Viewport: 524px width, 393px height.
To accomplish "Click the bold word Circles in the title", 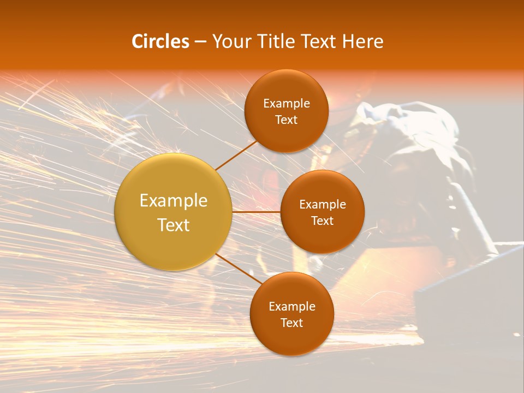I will click(160, 41).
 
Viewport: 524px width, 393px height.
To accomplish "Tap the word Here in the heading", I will click(363, 41).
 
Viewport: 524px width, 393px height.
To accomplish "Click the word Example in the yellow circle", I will click(174, 201).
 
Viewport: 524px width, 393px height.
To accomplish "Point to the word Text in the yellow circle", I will click(174, 225).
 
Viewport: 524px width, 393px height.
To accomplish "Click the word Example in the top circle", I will click(287, 104).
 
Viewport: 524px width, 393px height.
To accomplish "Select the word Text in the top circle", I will click(287, 120).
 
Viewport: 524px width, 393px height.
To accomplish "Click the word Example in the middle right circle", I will click(323, 205).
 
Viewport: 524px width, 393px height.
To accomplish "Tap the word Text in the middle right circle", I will click(323, 221).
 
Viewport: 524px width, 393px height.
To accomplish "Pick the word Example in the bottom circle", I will click(292, 307).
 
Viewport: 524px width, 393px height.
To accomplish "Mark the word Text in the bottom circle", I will click(292, 323).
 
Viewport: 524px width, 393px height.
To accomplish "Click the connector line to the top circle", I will click(237, 154).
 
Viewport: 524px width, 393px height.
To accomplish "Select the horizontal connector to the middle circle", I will click(256, 212).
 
